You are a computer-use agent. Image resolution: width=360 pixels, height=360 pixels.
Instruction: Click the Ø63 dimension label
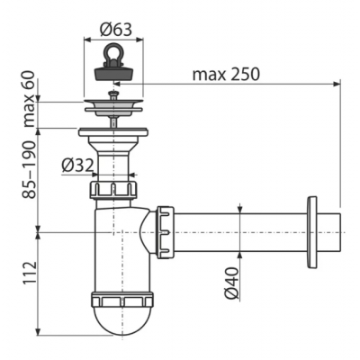116,30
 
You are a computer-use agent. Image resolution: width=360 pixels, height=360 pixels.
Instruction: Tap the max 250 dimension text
226,74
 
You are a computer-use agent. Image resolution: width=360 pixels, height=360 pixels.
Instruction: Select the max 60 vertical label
30,99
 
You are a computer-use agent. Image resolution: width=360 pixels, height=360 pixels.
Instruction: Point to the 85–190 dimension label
29,169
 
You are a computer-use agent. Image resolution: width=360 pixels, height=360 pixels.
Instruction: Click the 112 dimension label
30,273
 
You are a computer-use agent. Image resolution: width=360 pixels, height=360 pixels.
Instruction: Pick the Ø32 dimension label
77,166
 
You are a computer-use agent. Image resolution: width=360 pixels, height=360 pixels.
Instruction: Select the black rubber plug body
113,73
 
